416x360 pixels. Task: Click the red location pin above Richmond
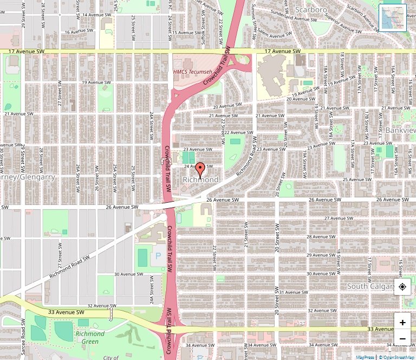(x=200, y=169)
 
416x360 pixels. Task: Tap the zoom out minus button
(x=402, y=339)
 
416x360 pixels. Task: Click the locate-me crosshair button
(x=402, y=287)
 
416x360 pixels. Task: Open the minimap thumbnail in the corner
(x=393, y=17)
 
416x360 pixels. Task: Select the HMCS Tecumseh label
(x=191, y=72)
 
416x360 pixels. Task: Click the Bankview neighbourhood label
(x=400, y=131)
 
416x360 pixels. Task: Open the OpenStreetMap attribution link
(x=397, y=357)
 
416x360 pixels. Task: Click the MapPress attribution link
(x=365, y=357)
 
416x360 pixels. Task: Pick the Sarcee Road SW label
(x=23, y=336)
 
